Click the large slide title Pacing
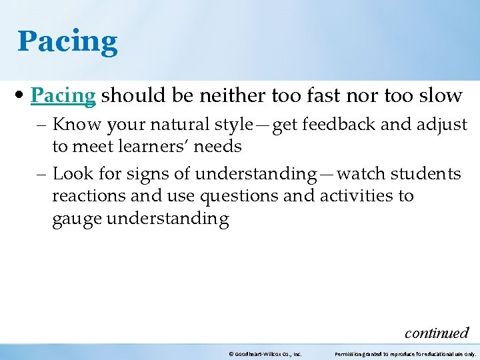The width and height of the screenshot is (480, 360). [67, 41]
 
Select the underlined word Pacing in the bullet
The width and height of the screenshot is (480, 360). [63, 96]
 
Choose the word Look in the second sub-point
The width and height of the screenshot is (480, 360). [70, 175]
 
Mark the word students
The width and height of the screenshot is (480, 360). [425, 175]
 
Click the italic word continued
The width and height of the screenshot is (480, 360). [437, 333]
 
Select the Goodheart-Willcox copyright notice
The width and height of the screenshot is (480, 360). [265, 354]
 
